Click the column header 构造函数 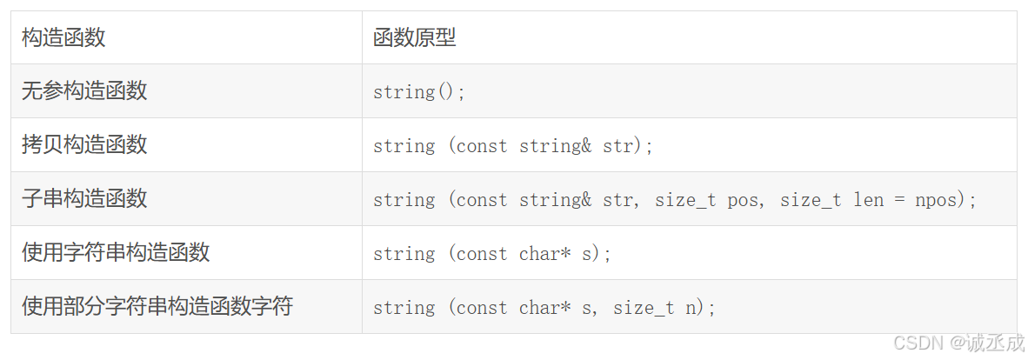pos(63,37)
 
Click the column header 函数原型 pos(414,37)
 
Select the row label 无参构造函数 pos(84,90)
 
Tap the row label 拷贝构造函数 pos(84,144)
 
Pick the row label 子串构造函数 pos(84,198)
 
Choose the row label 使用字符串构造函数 pos(116,252)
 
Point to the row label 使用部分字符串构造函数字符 pos(157,306)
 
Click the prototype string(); pos(419,92)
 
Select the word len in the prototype pos(868,200)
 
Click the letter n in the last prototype pos(691,308)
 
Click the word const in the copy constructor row pos(482,146)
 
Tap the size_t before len pos(811,200)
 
